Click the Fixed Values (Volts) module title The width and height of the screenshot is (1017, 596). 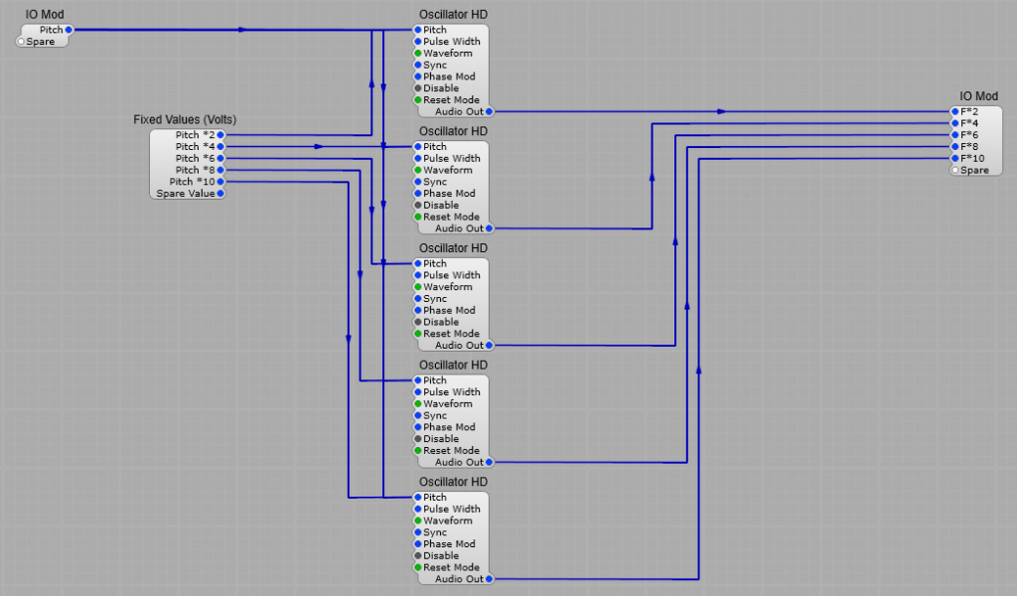[x=185, y=119]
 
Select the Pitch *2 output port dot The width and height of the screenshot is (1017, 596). [x=220, y=134]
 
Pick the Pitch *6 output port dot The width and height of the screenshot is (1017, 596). [x=220, y=158]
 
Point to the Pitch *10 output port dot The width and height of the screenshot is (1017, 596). [x=220, y=182]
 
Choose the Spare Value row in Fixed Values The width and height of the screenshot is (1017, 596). [x=187, y=194]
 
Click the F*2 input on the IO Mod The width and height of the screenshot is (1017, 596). [x=954, y=111]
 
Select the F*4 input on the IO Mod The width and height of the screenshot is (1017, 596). [x=954, y=123]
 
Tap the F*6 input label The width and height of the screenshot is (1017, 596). [x=969, y=135]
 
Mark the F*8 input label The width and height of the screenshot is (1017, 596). [x=969, y=147]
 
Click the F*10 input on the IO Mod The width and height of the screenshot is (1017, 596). [x=954, y=159]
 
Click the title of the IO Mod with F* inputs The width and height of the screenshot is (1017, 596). [x=978, y=96]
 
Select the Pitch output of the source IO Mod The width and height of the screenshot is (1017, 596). [x=68, y=30]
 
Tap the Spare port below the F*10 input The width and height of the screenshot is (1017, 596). [x=954, y=171]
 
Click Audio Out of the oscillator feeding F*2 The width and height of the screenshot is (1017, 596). [x=489, y=111]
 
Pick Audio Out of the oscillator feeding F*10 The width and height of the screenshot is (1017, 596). [x=489, y=578]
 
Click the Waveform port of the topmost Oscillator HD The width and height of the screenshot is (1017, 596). [x=418, y=54]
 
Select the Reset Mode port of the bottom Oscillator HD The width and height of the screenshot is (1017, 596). [x=418, y=567]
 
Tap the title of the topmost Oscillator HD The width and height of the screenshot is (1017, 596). [x=453, y=14]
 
